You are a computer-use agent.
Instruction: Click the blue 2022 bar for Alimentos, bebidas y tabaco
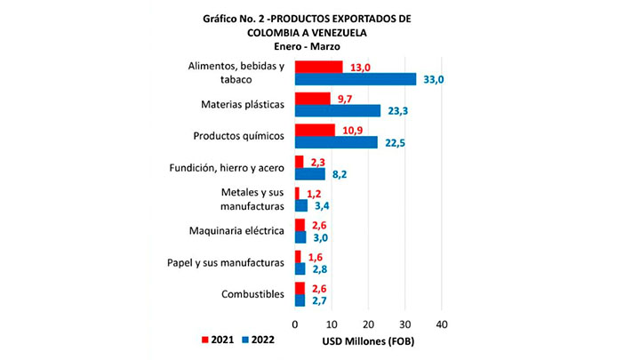pos(356,79)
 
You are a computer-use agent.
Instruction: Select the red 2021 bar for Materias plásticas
pos(312,99)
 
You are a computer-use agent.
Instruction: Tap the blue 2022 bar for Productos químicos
pos(336,142)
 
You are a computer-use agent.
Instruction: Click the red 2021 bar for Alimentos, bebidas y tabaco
pos(318,67)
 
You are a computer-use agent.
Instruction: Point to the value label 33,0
pos(433,79)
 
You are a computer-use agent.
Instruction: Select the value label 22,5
pos(394,143)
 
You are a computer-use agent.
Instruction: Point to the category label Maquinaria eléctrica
pos(236,231)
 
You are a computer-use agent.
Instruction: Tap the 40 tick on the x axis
pos(441,323)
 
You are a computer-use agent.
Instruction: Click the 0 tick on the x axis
pos(295,323)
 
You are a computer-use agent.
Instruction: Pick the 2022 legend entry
pos(267,340)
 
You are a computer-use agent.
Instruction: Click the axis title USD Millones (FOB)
pos(366,340)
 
